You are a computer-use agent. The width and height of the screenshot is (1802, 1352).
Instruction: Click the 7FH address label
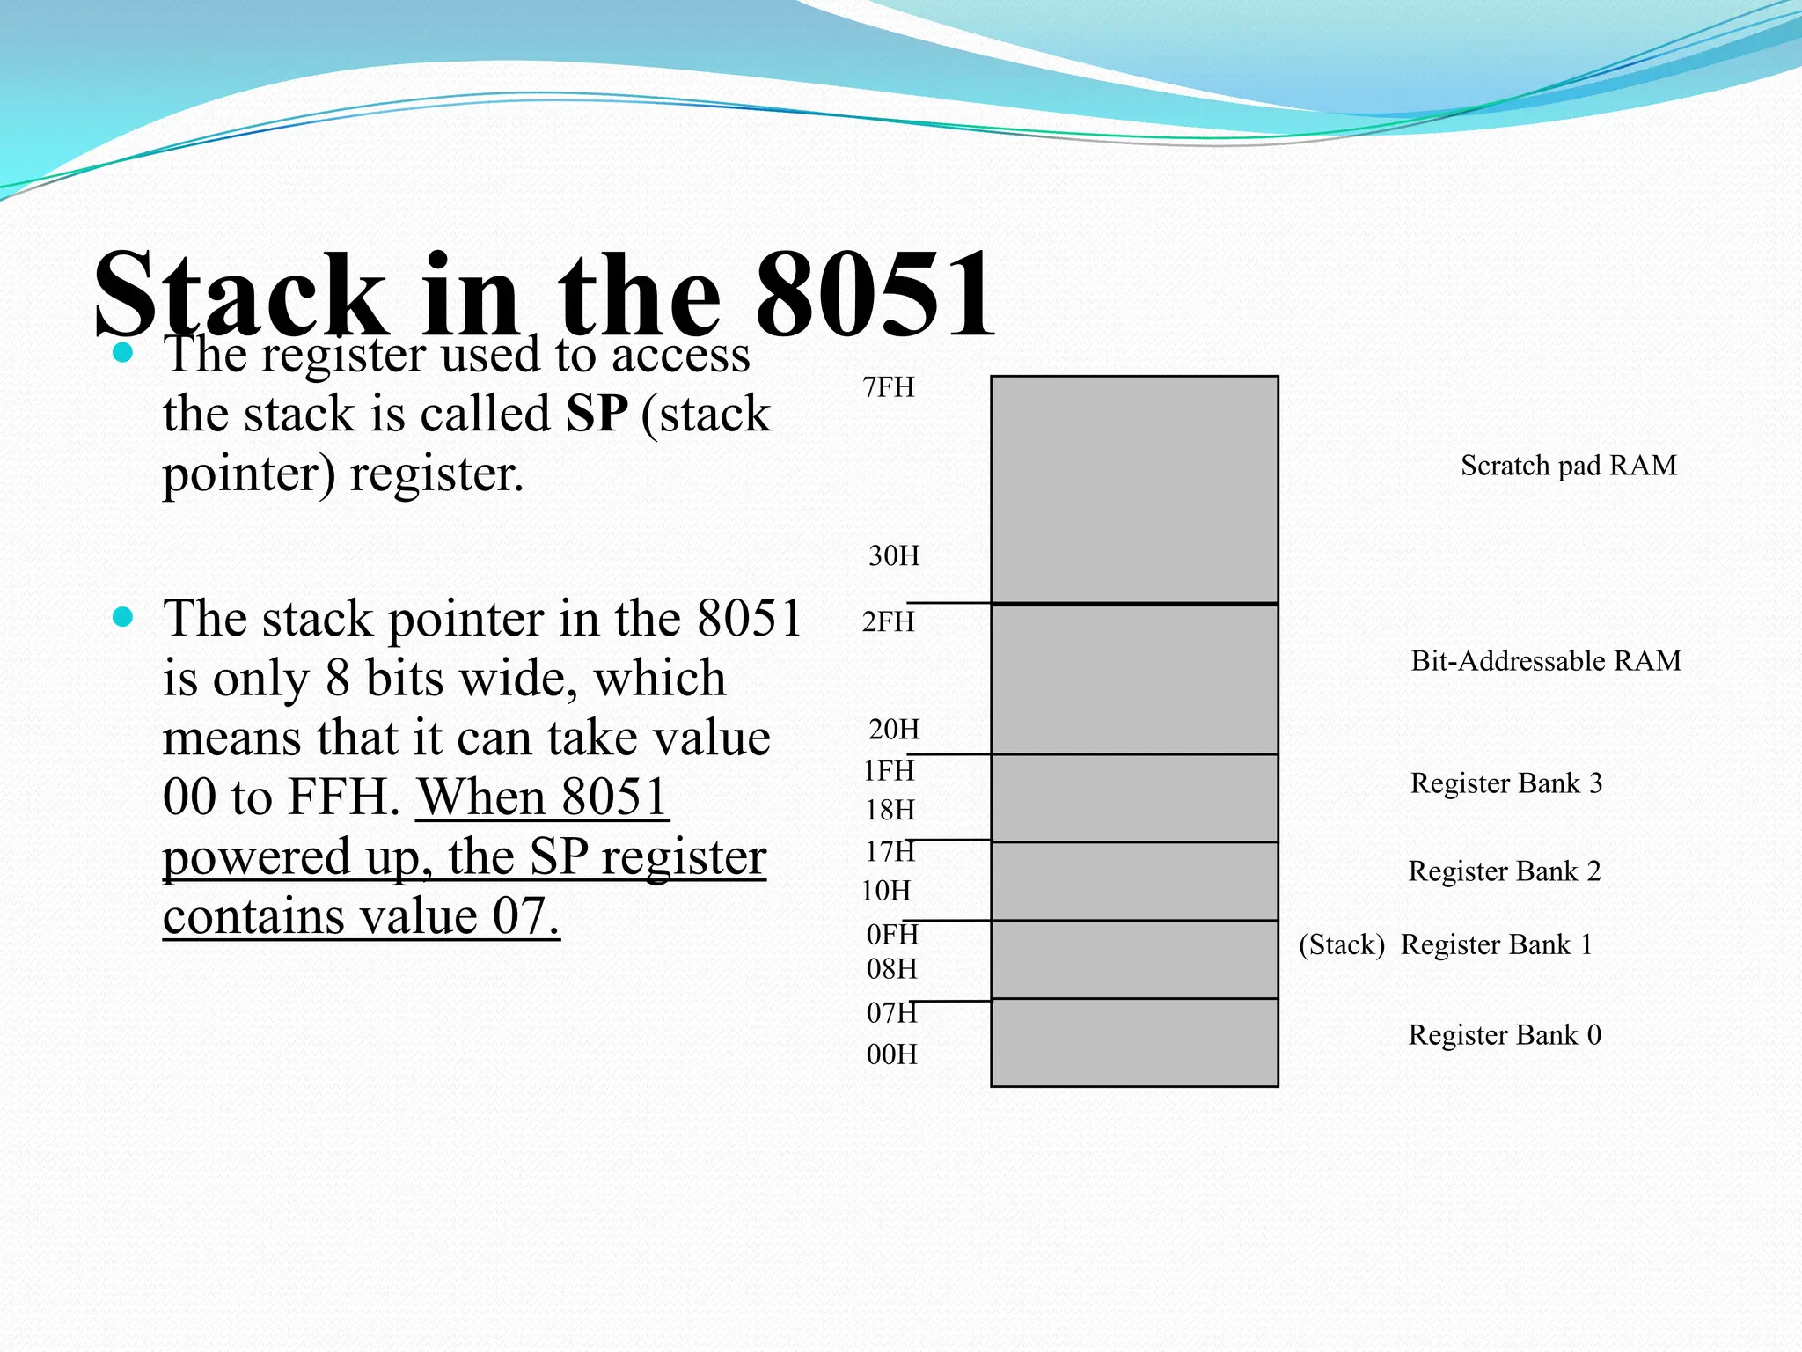pos(889,387)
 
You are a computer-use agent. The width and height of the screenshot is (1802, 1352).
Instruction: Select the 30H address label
pos(894,555)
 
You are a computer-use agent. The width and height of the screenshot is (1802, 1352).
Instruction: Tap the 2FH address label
pos(889,621)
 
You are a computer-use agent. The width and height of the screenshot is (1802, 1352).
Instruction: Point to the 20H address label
pos(894,729)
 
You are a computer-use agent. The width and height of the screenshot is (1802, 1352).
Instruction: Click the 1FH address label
pos(889,770)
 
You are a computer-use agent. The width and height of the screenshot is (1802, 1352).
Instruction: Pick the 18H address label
pos(890,810)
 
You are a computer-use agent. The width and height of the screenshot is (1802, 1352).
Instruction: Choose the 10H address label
pos(886,891)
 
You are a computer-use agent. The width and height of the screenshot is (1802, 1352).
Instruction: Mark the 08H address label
pos(892,969)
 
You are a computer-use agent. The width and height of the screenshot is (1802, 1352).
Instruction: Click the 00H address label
pos(892,1054)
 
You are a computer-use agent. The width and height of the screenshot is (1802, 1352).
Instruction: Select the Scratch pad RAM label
pos(1569,465)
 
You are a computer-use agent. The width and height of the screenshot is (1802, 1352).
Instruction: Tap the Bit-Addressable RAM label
pos(1546,660)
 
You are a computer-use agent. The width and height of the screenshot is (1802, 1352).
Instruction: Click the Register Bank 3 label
pos(1506,783)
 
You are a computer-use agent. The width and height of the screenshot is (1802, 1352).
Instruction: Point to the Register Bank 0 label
pos(1505,1034)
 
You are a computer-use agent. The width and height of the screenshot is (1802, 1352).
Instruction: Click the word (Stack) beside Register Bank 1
pos(1342,944)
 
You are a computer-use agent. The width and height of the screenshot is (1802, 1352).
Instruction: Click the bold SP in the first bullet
pos(597,413)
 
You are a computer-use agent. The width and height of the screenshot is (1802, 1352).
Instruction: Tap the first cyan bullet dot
pos(123,354)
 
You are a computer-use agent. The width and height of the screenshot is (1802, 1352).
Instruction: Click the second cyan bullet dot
pos(123,617)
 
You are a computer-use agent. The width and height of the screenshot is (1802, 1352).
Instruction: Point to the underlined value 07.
pos(525,916)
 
